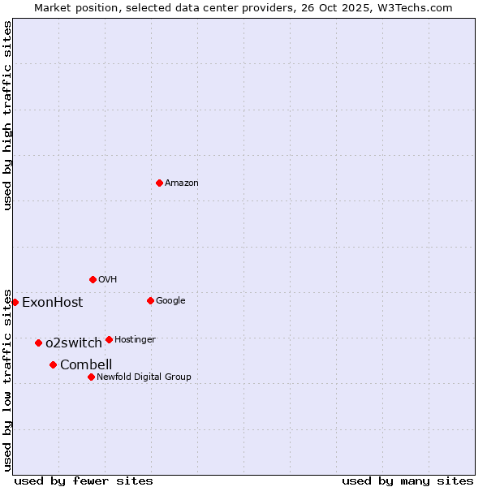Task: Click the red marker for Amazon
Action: (159, 183)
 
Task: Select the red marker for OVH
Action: (93, 279)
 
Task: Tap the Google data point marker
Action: (150, 300)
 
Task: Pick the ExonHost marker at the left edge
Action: (15, 302)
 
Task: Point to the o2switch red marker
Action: (38, 343)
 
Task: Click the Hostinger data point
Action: (109, 339)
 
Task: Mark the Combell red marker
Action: (53, 364)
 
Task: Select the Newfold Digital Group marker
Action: (91, 377)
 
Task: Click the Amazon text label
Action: (181, 183)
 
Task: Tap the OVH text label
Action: (107, 280)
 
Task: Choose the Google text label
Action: (170, 301)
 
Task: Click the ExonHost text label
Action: (52, 303)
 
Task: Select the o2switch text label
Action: (73, 343)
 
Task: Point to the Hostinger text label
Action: (135, 340)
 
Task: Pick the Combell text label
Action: (86, 365)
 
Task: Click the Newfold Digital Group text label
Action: (144, 377)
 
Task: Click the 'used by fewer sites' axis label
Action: (84, 481)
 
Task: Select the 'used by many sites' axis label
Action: (407, 481)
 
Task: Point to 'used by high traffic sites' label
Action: (7, 115)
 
